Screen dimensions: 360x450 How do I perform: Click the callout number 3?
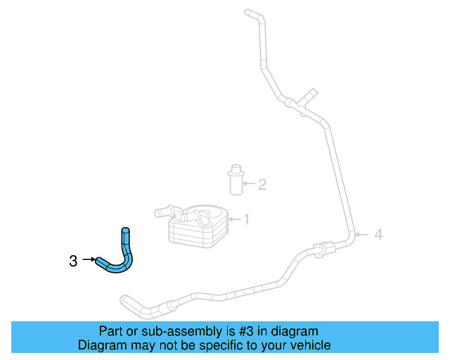coord(73,261)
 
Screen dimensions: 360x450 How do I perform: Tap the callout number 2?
coord(262,185)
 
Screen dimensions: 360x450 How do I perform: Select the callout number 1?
coord(246,219)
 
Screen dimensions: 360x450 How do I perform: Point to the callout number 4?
coord(378,234)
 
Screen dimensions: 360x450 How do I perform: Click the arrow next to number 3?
coord(89,260)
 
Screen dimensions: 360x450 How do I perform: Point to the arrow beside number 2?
coord(248,185)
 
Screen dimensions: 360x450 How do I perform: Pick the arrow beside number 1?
coord(235,219)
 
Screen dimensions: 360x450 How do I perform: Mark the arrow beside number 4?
coord(362,234)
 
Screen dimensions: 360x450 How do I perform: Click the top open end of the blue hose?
coord(126,231)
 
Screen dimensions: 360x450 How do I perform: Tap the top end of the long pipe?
coord(247,11)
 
